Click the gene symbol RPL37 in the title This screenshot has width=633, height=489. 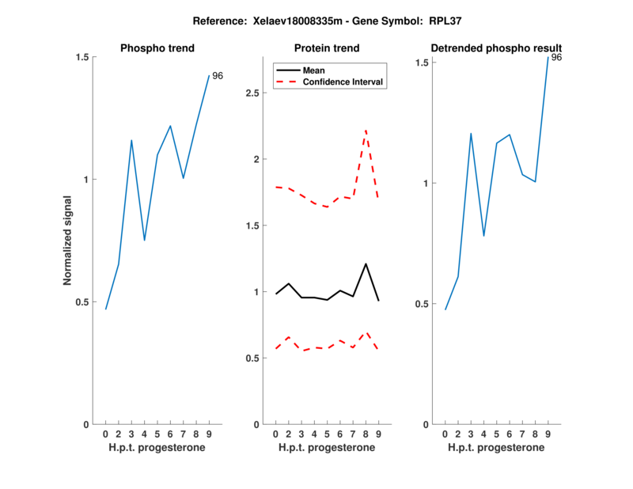point(446,20)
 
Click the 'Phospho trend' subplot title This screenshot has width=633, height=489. point(157,48)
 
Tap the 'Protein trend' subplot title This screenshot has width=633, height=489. point(327,48)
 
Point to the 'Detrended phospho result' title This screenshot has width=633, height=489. point(496,48)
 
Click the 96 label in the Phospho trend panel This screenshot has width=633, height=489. point(218,76)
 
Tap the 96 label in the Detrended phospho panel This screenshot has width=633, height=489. point(556,58)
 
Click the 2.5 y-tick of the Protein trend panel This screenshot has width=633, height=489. point(254,93)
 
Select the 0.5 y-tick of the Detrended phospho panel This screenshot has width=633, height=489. point(423,304)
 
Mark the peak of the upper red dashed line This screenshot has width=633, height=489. point(366,131)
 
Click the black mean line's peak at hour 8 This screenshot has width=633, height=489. point(366,263)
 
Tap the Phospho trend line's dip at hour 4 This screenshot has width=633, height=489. point(144,240)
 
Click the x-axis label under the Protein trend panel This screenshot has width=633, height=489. point(327,448)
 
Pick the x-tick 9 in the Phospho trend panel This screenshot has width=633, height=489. point(209,434)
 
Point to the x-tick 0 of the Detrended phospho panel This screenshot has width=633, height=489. point(445,434)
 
